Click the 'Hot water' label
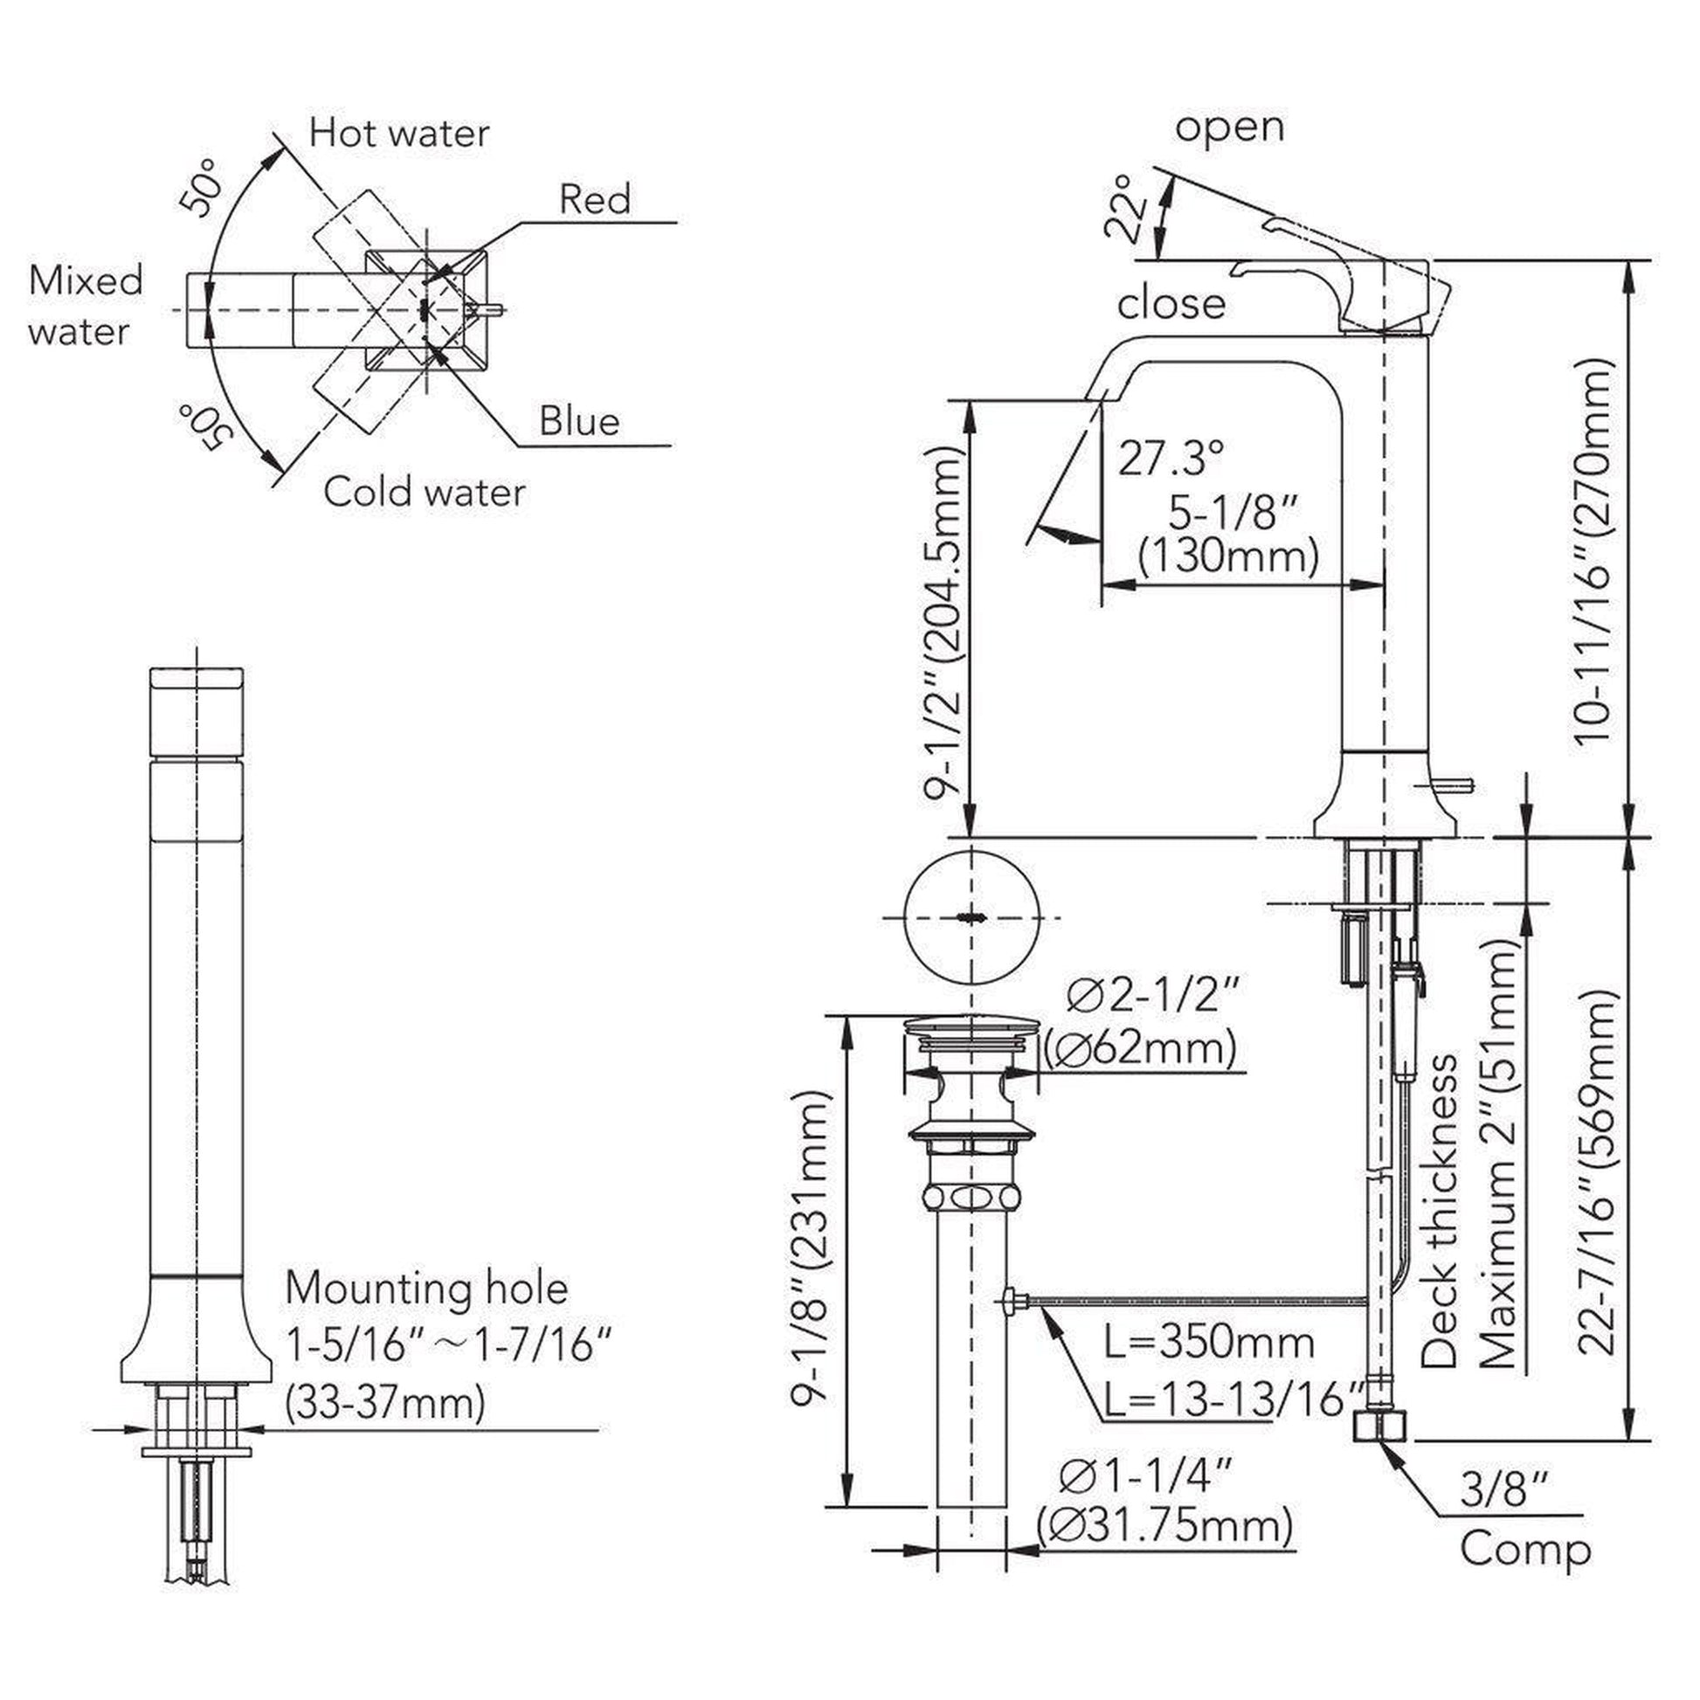coord(398,134)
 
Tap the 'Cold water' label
coord(423,492)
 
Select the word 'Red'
coord(595,200)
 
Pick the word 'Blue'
coord(579,421)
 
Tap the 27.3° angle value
coord(1171,459)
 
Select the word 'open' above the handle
coord(1228,128)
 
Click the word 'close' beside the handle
coord(1171,305)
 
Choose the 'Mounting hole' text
coord(427,1289)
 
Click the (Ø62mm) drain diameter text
coord(1140,1049)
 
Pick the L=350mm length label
coord(1209,1343)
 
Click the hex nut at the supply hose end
coord(1379,1427)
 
